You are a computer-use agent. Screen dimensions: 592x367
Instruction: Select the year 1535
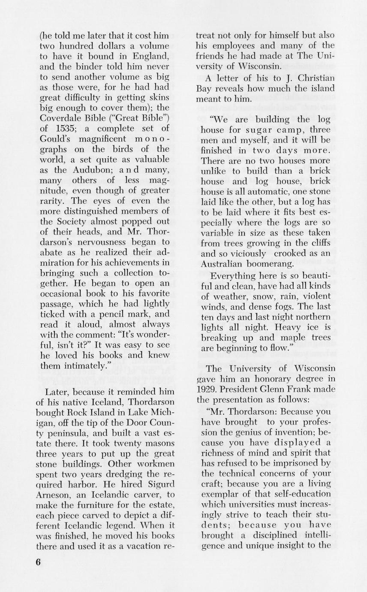pos(65,128)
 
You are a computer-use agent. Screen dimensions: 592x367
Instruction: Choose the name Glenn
pos(283,390)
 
